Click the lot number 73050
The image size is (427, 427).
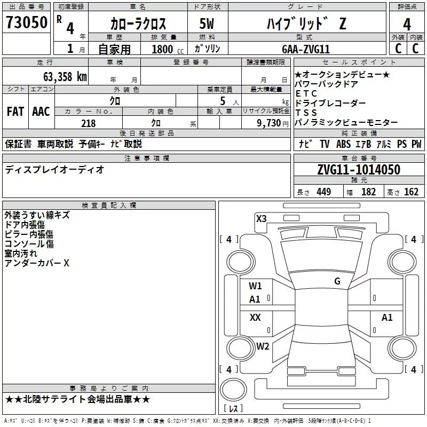click(27, 22)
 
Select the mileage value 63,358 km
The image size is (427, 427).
click(65, 77)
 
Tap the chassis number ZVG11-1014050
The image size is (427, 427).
click(359, 170)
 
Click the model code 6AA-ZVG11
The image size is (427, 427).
click(306, 49)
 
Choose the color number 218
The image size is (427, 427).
click(88, 123)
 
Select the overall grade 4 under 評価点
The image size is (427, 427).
click(407, 25)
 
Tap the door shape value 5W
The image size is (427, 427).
click(207, 23)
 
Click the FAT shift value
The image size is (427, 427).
click(15, 112)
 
